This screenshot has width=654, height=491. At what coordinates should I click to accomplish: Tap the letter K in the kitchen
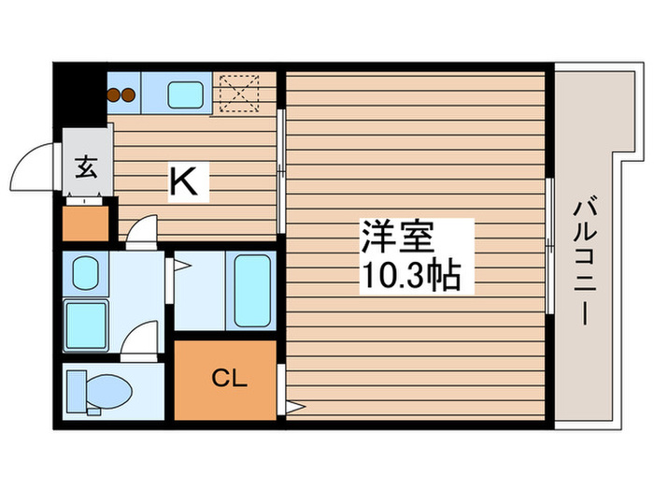click(x=184, y=181)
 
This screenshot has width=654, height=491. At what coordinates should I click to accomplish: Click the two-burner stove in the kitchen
click(x=121, y=93)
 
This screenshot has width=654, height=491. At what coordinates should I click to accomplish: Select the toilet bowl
click(x=107, y=390)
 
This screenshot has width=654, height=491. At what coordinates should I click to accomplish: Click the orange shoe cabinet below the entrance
click(x=86, y=222)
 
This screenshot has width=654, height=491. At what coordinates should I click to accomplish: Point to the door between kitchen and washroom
click(x=141, y=232)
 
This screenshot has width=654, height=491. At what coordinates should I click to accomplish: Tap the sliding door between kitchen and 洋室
click(x=280, y=173)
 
